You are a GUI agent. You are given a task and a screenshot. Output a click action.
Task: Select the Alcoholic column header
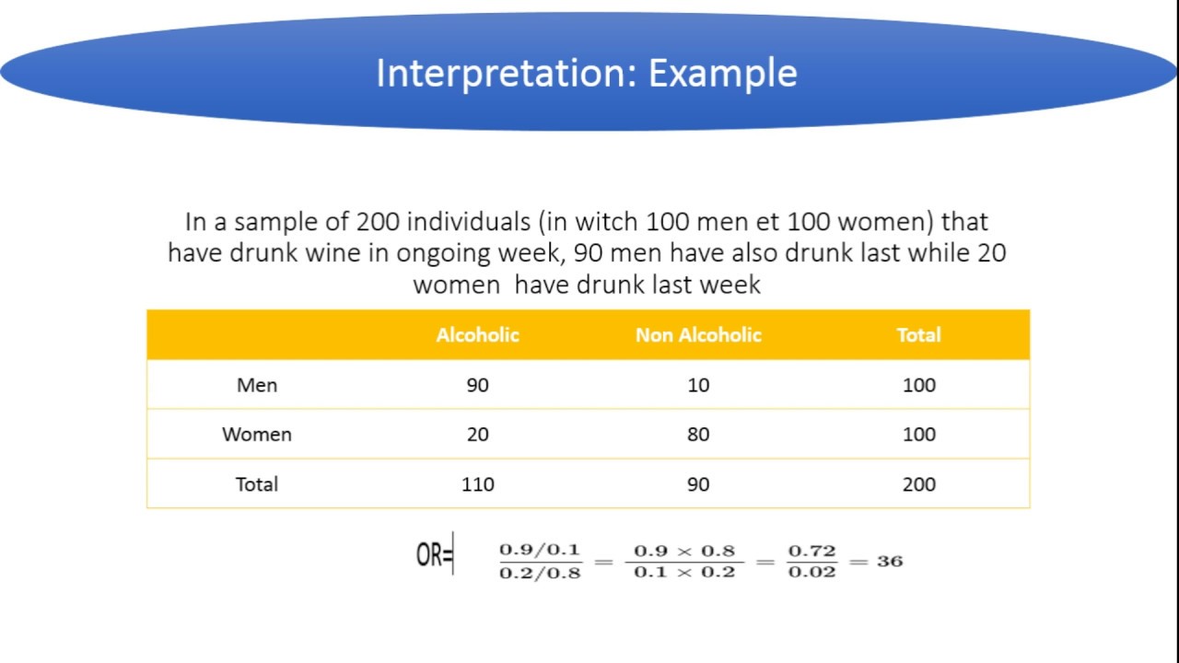pyautogui.click(x=477, y=335)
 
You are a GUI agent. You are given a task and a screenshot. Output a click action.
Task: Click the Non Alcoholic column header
pyautogui.click(x=698, y=335)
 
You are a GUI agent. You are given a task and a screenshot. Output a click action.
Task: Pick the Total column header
pyautogui.click(x=918, y=335)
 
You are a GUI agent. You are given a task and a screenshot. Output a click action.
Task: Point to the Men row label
pyautogui.click(x=257, y=385)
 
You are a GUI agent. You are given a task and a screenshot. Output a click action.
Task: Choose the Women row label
pyautogui.click(x=257, y=435)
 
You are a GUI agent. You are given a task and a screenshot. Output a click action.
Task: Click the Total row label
pyautogui.click(x=257, y=484)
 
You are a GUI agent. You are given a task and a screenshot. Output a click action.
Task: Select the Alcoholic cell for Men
pyautogui.click(x=477, y=385)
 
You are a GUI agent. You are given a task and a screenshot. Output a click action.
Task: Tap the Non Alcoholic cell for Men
pyautogui.click(x=698, y=385)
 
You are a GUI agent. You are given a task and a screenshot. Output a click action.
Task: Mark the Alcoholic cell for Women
pyautogui.click(x=477, y=435)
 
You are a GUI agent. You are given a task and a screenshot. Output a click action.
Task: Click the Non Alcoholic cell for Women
pyautogui.click(x=698, y=435)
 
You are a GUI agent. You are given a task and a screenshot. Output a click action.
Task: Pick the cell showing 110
pyautogui.click(x=477, y=484)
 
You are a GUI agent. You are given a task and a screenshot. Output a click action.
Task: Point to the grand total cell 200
pyautogui.click(x=918, y=484)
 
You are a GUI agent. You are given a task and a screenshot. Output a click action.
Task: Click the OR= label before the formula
pyautogui.click(x=434, y=556)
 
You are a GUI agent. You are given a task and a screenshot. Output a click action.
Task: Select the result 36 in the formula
pyautogui.click(x=889, y=561)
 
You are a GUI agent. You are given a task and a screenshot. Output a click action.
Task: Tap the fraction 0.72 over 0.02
pyautogui.click(x=811, y=561)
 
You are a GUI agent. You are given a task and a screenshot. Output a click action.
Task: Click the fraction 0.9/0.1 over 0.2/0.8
pyautogui.click(x=540, y=561)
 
